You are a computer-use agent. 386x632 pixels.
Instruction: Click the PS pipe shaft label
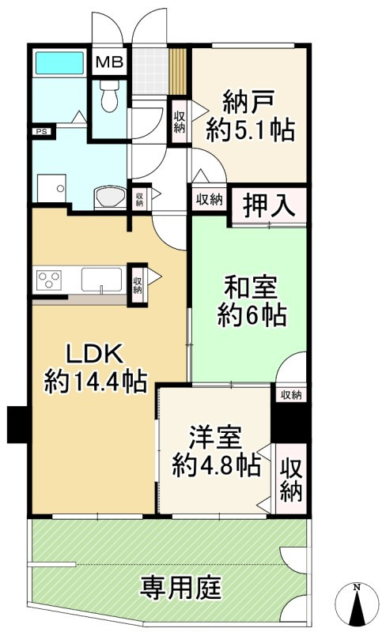click(39, 131)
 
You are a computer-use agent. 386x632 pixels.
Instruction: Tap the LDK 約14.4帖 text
click(95, 369)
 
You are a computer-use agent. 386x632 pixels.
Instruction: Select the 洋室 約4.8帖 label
click(216, 452)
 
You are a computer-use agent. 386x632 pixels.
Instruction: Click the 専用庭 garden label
click(181, 587)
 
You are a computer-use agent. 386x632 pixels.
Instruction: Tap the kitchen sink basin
click(100, 280)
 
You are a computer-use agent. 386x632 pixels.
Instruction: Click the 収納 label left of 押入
click(210, 200)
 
